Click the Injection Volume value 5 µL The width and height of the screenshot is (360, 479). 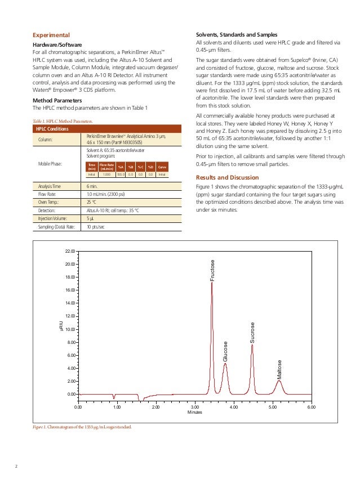coord(91,218)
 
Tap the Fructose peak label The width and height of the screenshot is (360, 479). coord(212,271)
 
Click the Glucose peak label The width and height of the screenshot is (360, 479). coord(225,352)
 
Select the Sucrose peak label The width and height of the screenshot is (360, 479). coord(252,333)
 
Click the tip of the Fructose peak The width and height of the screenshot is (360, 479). coord(212,282)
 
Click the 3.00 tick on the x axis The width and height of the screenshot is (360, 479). coord(194,406)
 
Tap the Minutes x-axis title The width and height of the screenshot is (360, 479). coord(194,413)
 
